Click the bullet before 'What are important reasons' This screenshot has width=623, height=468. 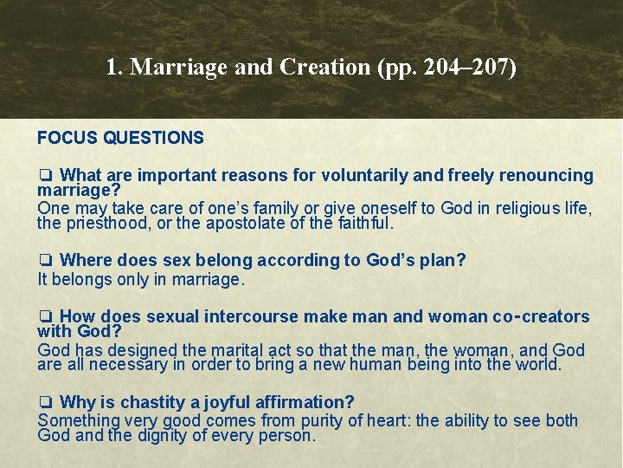(x=45, y=176)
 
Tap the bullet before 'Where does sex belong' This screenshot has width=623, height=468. (x=45, y=261)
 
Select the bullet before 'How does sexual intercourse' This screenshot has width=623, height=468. (x=45, y=317)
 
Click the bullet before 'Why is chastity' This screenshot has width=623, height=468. (x=45, y=403)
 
